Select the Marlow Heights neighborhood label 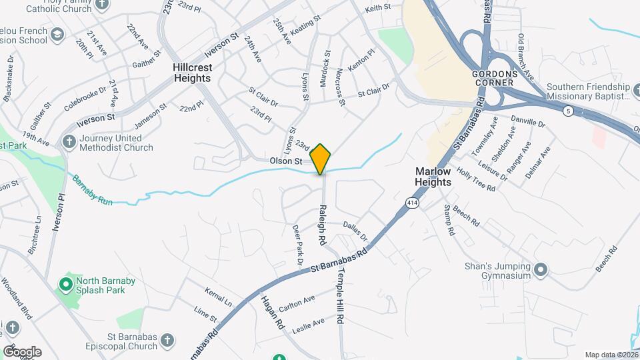pyautogui.click(x=433, y=177)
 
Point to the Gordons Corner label pyautogui.click(x=493, y=77)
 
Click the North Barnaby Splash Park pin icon pyautogui.click(x=65, y=285)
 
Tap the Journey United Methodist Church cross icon pyautogui.click(x=69, y=142)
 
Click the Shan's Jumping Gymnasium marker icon pyautogui.click(x=541, y=271)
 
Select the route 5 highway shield pyautogui.click(x=567, y=110)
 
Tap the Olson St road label pyautogui.click(x=286, y=161)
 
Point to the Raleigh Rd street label pyautogui.click(x=321, y=223)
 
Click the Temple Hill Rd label pyautogui.click(x=339, y=297)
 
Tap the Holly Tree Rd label pyautogui.click(x=476, y=179)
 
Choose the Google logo pyautogui.click(x=21, y=351)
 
